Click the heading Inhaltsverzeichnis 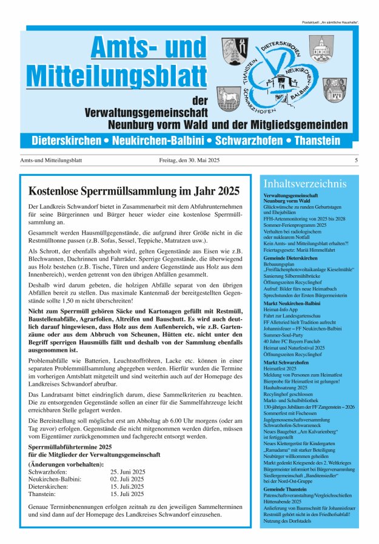click(x=304, y=184)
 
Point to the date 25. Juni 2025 click(x=127, y=471)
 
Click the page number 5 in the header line click(x=356, y=161)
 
